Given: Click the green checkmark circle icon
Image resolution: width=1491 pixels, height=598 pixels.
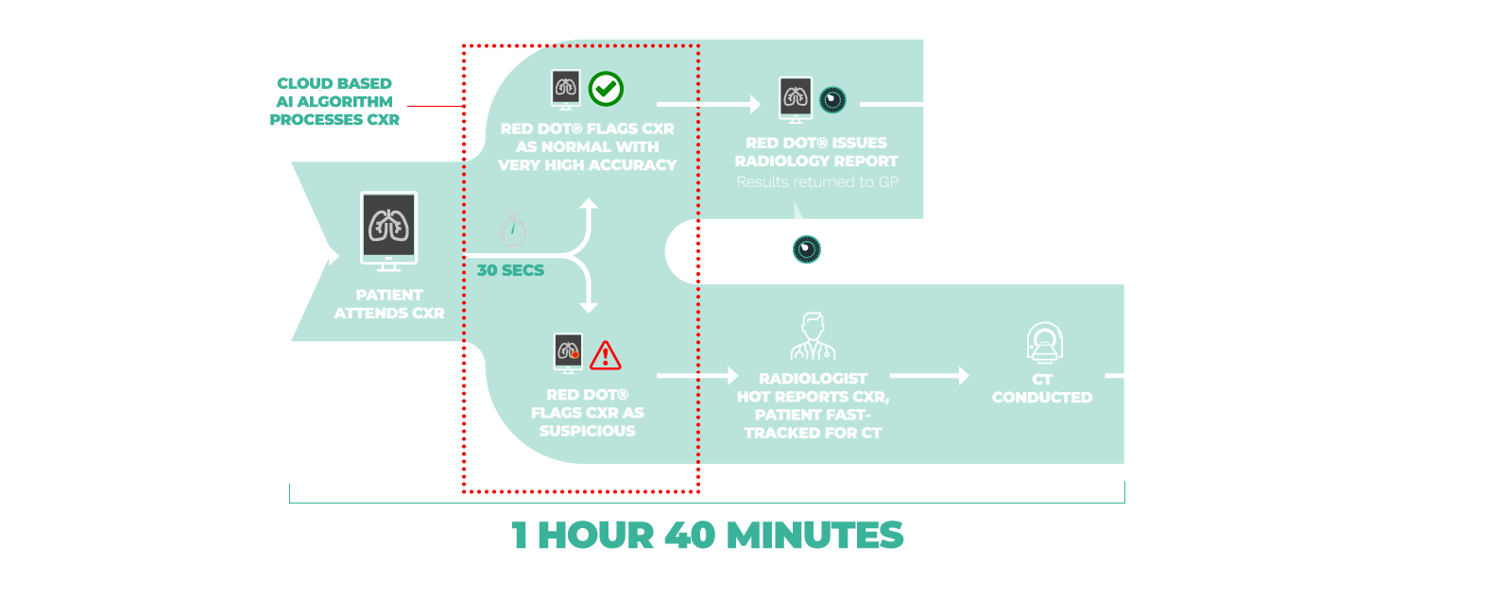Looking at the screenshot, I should [606, 89].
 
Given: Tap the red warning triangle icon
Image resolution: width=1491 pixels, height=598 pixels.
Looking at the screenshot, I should [605, 355].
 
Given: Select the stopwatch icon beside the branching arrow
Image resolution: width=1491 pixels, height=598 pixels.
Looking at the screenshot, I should [511, 231].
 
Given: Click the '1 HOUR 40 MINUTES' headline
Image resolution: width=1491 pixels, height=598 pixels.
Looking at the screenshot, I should [708, 536].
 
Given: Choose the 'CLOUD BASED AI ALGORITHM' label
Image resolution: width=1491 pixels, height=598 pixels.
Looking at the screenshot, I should [334, 102].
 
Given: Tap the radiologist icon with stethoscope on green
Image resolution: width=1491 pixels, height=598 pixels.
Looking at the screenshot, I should [813, 337].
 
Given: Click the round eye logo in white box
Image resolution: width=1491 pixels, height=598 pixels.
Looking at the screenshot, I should [806, 249].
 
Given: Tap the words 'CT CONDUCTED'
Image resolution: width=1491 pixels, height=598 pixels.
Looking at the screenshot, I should [1042, 388].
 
